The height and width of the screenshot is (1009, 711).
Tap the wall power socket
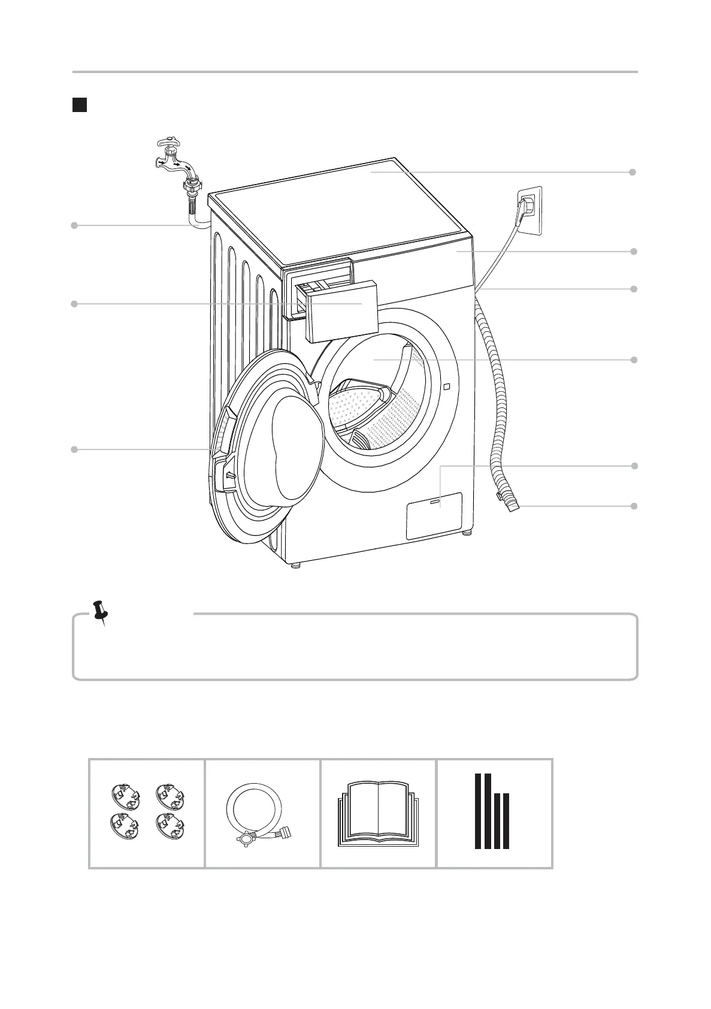530,210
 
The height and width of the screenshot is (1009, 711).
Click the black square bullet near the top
80,105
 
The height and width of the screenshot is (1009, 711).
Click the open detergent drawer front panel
341,312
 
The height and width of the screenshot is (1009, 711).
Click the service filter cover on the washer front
434,515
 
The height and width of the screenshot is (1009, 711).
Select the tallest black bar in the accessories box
479,811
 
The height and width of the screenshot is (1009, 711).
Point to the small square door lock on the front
446,386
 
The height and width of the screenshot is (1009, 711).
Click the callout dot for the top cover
633,172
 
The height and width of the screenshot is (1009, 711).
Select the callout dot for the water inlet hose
74,225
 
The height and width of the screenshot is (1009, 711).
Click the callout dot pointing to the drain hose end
633,506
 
